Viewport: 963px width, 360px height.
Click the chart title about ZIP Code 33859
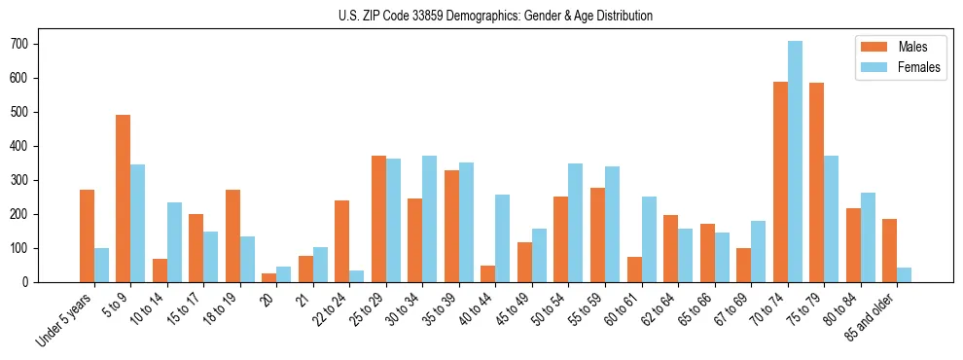481,16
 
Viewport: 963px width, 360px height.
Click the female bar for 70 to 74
795,162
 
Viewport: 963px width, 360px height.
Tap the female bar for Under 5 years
101,265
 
